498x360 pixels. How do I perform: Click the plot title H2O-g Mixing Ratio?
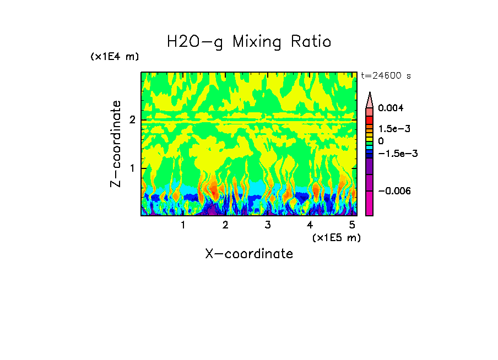pyautogui.click(x=249, y=42)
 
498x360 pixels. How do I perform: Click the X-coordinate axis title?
pyautogui.click(x=249, y=254)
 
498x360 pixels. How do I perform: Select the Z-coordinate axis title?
pyautogui.click(x=116, y=144)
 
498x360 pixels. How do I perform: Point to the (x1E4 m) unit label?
pyautogui.click(x=115, y=57)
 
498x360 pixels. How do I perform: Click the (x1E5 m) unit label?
pyautogui.click(x=336, y=237)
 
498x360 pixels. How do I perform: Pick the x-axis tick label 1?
pyautogui.click(x=183, y=225)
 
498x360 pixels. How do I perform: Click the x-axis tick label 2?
pyautogui.click(x=225, y=225)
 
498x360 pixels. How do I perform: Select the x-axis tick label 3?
pyautogui.click(x=268, y=225)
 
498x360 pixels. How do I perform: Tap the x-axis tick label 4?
pyautogui.click(x=310, y=225)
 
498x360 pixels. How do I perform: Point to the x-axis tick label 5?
pyautogui.click(x=352, y=225)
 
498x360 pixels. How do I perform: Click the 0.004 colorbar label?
pyautogui.click(x=390, y=108)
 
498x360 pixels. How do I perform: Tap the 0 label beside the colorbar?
pyautogui.click(x=381, y=141)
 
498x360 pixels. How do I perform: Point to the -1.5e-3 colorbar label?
pyautogui.click(x=397, y=154)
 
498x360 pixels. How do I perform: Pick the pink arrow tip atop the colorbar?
pyautogui.click(x=370, y=100)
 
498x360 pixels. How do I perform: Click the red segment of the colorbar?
pyautogui.click(x=370, y=119)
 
